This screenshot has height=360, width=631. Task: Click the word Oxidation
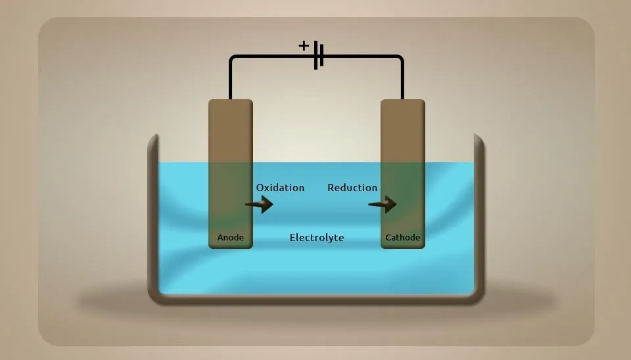(280, 188)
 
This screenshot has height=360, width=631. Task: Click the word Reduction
(352, 188)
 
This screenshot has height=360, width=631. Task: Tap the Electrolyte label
(317, 238)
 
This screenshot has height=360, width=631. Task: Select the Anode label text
(231, 238)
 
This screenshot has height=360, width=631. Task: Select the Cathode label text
(403, 238)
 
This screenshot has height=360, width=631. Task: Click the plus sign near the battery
(304, 45)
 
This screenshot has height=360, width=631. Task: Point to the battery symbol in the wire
(319, 56)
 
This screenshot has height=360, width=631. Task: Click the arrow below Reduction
(383, 205)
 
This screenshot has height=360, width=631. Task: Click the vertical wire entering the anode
(231, 82)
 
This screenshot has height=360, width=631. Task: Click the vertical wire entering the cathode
(402, 82)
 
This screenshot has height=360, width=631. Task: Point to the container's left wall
(153, 217)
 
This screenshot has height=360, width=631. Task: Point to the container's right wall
(479, 217)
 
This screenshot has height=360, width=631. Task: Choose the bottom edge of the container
(316, 299)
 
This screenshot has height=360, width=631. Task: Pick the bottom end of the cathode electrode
(403, 246)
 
